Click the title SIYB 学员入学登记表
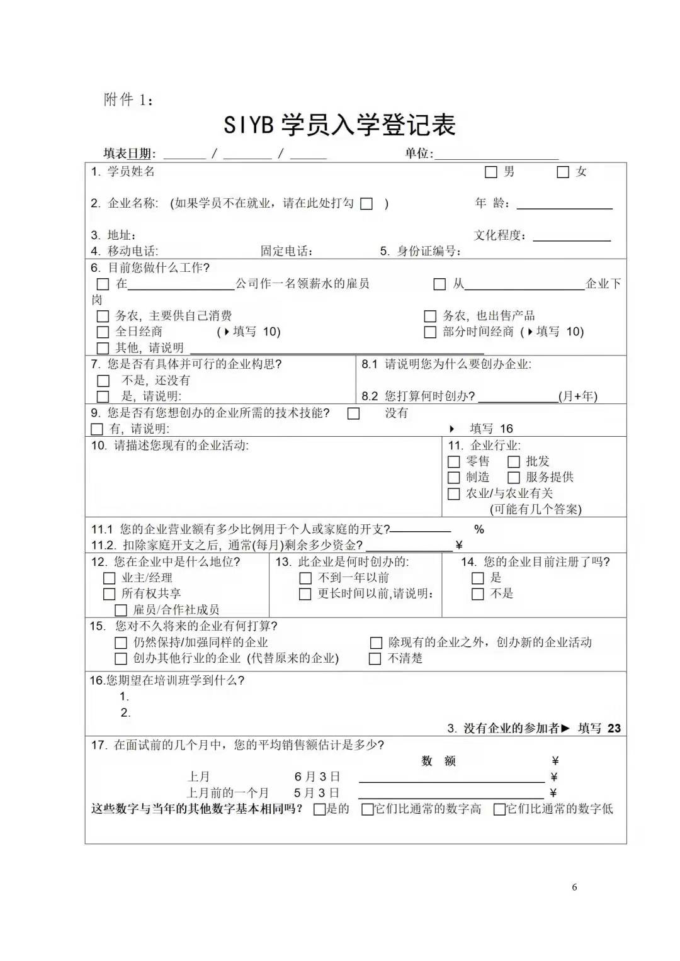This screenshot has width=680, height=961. (339, 125)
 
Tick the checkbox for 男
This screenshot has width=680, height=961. (491, 172)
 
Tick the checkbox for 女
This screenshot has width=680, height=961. (563, 172)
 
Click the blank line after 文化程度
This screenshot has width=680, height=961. (572, 236)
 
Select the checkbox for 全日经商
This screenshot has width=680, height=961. (103, 332)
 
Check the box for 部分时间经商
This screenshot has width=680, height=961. (430, 332)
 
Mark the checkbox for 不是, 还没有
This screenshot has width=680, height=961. (103, 381)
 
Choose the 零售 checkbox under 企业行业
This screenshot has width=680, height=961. (453, 462)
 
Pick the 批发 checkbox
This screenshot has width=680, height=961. (514, 462)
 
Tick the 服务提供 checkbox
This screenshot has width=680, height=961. (514, 478)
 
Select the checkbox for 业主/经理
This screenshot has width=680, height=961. (109, 578)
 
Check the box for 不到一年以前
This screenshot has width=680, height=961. (305, 578)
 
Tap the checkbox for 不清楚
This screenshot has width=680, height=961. (375, 659)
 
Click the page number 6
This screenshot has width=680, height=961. (574, 887)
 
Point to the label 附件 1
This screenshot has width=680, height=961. (128, 99)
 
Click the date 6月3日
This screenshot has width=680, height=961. (317, 777)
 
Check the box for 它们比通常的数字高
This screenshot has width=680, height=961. (367, 809)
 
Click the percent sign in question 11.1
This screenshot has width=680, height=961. (479, 530)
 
